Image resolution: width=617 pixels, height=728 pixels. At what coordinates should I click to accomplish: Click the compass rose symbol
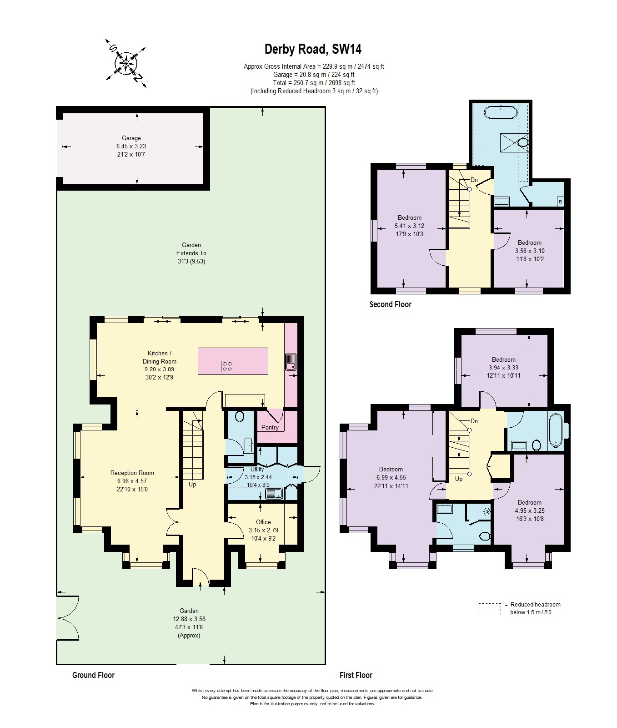(126, 63)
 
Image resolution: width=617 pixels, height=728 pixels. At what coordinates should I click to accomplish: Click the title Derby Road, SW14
(313, 49)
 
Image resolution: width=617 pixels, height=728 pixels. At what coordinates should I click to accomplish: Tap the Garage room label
(131, 138)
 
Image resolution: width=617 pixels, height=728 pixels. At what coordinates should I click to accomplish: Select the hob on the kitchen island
(227, 366)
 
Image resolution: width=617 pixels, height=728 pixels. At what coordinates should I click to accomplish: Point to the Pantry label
(270, 428)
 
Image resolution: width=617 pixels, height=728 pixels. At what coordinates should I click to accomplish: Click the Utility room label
(257, 469)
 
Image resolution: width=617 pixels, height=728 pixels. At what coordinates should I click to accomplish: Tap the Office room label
(263, 522)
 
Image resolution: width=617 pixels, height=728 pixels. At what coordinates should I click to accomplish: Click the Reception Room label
(132, 473)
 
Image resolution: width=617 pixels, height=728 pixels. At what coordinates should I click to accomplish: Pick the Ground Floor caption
(93, 675)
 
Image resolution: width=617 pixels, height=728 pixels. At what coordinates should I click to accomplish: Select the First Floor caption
(356, 675)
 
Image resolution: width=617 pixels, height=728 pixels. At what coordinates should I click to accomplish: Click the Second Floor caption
(390, 304)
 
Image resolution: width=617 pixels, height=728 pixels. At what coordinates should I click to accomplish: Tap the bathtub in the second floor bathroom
(500, 112)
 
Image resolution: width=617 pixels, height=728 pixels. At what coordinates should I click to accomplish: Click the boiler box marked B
(560, 202)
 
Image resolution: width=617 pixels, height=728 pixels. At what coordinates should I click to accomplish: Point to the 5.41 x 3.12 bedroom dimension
(409, 226)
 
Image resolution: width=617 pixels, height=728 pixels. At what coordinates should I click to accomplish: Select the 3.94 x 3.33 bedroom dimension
(503, 368)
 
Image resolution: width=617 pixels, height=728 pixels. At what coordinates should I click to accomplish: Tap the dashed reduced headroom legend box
(490, 609)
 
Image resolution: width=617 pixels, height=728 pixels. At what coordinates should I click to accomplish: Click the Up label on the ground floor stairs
(192, 485)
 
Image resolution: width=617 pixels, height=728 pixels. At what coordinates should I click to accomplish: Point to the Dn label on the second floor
(474, 180)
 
